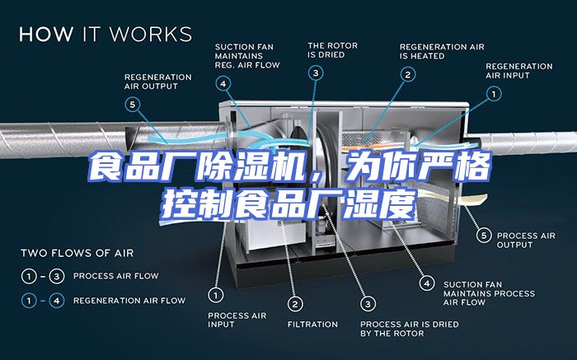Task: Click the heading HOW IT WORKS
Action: coord(106,34)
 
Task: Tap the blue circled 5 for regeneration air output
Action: coord(133,105)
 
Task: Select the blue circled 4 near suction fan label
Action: coord(223,84)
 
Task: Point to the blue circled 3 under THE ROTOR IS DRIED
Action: coord(316,72)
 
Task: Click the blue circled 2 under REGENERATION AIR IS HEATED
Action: coord(408,75)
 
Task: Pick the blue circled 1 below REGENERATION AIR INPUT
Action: coord(494,94)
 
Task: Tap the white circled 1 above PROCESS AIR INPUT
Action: coord(216,295)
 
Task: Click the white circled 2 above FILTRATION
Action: coord(295,304)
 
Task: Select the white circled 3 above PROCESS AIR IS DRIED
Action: coord(368,304)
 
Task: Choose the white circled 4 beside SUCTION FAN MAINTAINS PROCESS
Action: coord(427,283)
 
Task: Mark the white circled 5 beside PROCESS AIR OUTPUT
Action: coord(484,235)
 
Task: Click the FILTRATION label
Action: coord(312,325)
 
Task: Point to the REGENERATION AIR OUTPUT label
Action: coord(158,82)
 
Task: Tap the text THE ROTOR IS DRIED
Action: coord(333,50)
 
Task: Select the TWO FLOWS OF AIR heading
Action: coord(77,253)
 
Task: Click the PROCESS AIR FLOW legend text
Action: coord(116,276)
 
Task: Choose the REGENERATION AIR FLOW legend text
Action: coord(129,301)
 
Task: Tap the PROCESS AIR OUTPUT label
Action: coord(526,240)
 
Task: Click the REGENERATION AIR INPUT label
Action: coord(518,71)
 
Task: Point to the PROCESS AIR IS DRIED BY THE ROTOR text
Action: coord(410,329)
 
